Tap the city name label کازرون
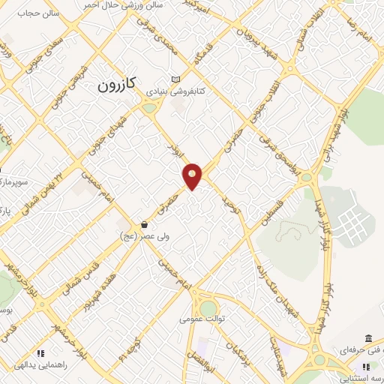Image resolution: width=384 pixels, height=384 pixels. pyautogui.click(x=115, y=85)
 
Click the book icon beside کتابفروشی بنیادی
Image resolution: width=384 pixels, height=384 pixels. pyautogui.click(x=175, y=79)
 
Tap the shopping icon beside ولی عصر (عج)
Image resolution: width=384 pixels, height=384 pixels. pyautogui.click(x=144, y=224)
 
